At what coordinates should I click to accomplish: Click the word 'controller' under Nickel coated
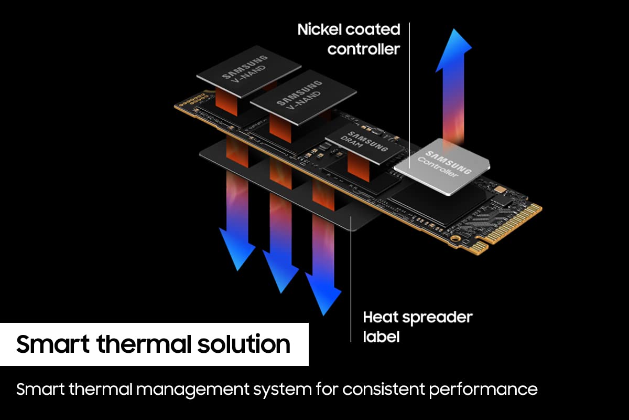click(x=364, y=49)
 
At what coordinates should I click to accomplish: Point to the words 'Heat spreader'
click(x=417, y=317)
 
